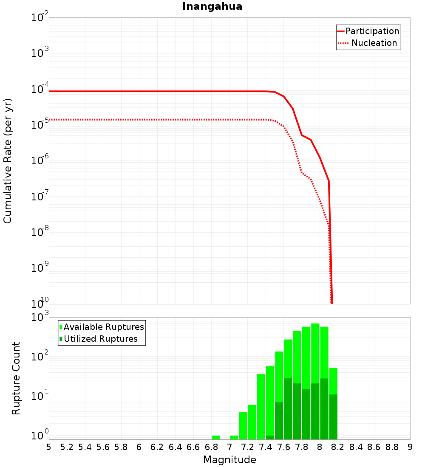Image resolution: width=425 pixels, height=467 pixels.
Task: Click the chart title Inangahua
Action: pyautogui.click(x=212, y=6)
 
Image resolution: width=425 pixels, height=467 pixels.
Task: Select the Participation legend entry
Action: pyautogui.click(x=372, y=31)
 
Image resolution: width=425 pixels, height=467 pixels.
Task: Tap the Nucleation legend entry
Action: pyautogui.click(x=374, y=43)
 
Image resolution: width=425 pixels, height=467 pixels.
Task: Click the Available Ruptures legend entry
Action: pyautogui.click(x=104, y=327)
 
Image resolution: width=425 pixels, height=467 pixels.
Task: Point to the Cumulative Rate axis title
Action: pyautogui.click(x=8, y=161)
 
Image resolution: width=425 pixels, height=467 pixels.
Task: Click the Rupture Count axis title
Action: pyautogui.click(x=16, y=378)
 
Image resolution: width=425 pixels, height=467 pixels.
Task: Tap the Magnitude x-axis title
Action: pyautogui.click(x=229, y=460)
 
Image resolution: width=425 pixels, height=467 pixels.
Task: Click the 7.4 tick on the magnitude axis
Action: pyautogui.click(x=266, y=447)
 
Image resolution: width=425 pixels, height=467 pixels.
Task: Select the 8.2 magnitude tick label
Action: pyautogui.click(x=338, y=447)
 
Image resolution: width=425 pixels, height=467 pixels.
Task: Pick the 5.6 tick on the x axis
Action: pyautogui.click(x=103, y=447)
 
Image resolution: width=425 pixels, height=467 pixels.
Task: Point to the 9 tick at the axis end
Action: pyautogui.click(x=410, y=447)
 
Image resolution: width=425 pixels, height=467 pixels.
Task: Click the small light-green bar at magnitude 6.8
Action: pyautogui.click(x=216, y=437)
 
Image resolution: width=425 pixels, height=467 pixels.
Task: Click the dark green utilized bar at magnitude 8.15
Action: pyautogui.click(x=333, y=416)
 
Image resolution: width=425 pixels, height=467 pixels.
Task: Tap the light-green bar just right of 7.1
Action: pyautogui.click(x=243, y=425)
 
